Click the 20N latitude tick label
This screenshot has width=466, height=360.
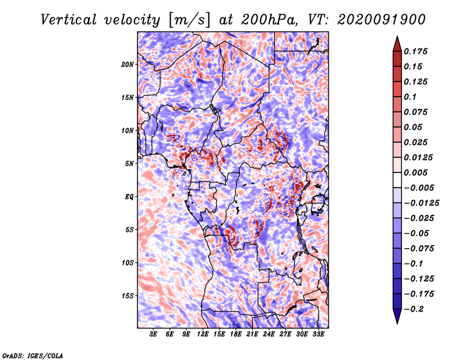point(128,64)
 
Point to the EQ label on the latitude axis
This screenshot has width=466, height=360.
point(129,197)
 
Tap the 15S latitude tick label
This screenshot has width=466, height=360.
point(128,296)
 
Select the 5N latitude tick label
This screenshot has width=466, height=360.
point(129,164)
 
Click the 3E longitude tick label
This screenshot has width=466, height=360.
point(153,334)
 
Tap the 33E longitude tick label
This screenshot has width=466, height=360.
point(318,334)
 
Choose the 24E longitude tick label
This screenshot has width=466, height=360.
point(269,334)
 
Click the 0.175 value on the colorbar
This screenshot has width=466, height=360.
point(415,51)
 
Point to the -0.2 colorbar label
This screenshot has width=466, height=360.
point(414,309)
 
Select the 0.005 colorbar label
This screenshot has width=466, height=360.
point(415,172)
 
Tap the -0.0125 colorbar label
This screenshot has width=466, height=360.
point(421,203)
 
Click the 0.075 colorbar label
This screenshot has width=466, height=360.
point(415,112)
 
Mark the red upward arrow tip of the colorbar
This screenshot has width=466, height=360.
point(397,36)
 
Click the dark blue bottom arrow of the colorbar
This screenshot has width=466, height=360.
point(397,316)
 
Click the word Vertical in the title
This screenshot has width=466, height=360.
point(69,20)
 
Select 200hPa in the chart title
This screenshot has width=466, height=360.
point(270,20)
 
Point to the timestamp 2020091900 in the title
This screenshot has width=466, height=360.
point(382,20)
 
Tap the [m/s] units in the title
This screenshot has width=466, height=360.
point(190,20)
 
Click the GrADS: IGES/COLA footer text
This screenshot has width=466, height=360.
point(33,355)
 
